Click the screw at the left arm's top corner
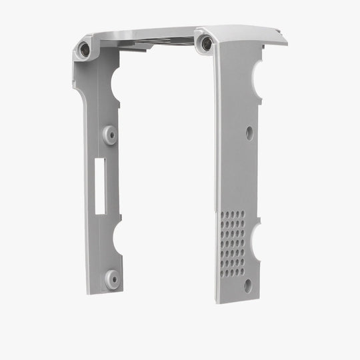[x=85, y=49]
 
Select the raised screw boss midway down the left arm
[x=110, y=135]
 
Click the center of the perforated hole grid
[x=232, y=243]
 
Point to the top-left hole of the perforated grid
[x=223, y=215]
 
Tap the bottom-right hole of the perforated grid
[x=241, y=272]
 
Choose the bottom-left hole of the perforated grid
[x=223, y=273]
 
